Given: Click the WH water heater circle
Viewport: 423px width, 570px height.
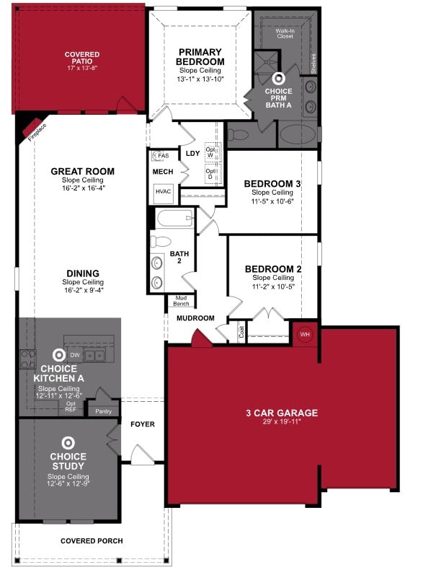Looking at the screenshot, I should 304,335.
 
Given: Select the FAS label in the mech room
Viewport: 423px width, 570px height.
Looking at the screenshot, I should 164,156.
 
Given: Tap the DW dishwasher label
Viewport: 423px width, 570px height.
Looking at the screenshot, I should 75,355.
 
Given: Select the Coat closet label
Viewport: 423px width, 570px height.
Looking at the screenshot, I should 241,333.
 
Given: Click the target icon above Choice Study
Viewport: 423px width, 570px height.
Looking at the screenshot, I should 68,442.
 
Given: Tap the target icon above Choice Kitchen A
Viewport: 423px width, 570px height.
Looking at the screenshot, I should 58,355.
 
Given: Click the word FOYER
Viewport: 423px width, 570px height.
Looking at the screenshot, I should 143,424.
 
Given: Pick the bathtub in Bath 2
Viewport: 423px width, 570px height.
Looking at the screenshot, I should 174,219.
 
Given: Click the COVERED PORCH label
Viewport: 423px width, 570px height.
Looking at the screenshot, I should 92,540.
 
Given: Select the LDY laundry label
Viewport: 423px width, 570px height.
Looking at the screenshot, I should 192,154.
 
